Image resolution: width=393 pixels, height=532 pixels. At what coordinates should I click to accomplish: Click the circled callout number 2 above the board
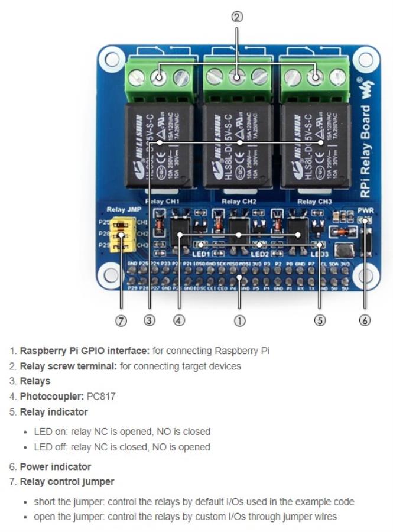[236, 17]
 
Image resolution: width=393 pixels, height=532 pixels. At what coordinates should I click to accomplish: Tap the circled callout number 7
[121, 320]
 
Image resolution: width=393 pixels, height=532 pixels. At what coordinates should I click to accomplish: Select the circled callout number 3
[150, 320]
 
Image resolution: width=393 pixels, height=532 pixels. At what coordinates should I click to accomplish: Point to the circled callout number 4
[179, 320]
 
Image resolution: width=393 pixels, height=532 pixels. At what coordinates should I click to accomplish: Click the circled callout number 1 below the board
[239, 320]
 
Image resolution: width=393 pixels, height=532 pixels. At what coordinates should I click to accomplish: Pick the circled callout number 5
[320, 320]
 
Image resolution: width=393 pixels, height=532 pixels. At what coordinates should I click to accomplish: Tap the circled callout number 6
[365, 320]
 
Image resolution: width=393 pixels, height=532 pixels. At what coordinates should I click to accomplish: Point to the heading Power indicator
[56, 466]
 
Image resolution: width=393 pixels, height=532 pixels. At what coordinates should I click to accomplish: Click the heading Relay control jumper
[67, 481]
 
